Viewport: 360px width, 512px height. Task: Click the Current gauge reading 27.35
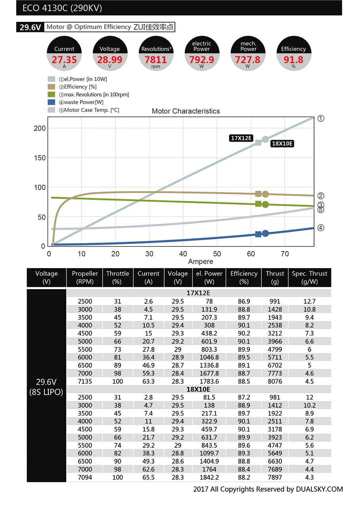pos(64,59)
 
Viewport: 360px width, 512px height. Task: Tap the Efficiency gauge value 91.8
pos(293,59)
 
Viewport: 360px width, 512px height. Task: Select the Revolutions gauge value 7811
pos(156,59)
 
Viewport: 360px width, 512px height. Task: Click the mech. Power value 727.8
pos(248,59)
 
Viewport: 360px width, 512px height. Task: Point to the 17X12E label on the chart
pos(241,138)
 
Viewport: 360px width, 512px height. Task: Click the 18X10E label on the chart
pos(282,144)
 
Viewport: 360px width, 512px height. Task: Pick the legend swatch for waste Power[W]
pos(51,102)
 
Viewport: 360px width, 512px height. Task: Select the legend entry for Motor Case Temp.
pos(91,110)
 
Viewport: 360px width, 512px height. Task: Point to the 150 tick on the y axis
pos(39,158)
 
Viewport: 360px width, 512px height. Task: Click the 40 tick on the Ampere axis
pos(183,254)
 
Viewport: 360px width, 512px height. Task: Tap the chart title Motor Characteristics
pos(186,111)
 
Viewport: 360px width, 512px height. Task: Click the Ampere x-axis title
pos(200,261)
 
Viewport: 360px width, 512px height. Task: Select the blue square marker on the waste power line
pos(259,234)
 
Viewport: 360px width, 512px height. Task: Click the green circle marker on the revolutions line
pos(265,205)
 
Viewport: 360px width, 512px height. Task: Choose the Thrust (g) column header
pos(275,278)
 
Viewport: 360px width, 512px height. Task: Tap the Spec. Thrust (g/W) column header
pos(309,278)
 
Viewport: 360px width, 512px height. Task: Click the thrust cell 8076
pos(275,381)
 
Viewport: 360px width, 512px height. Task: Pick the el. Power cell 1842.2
pos(209,477)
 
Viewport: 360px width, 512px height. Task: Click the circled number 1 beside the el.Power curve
pos(321,118)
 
